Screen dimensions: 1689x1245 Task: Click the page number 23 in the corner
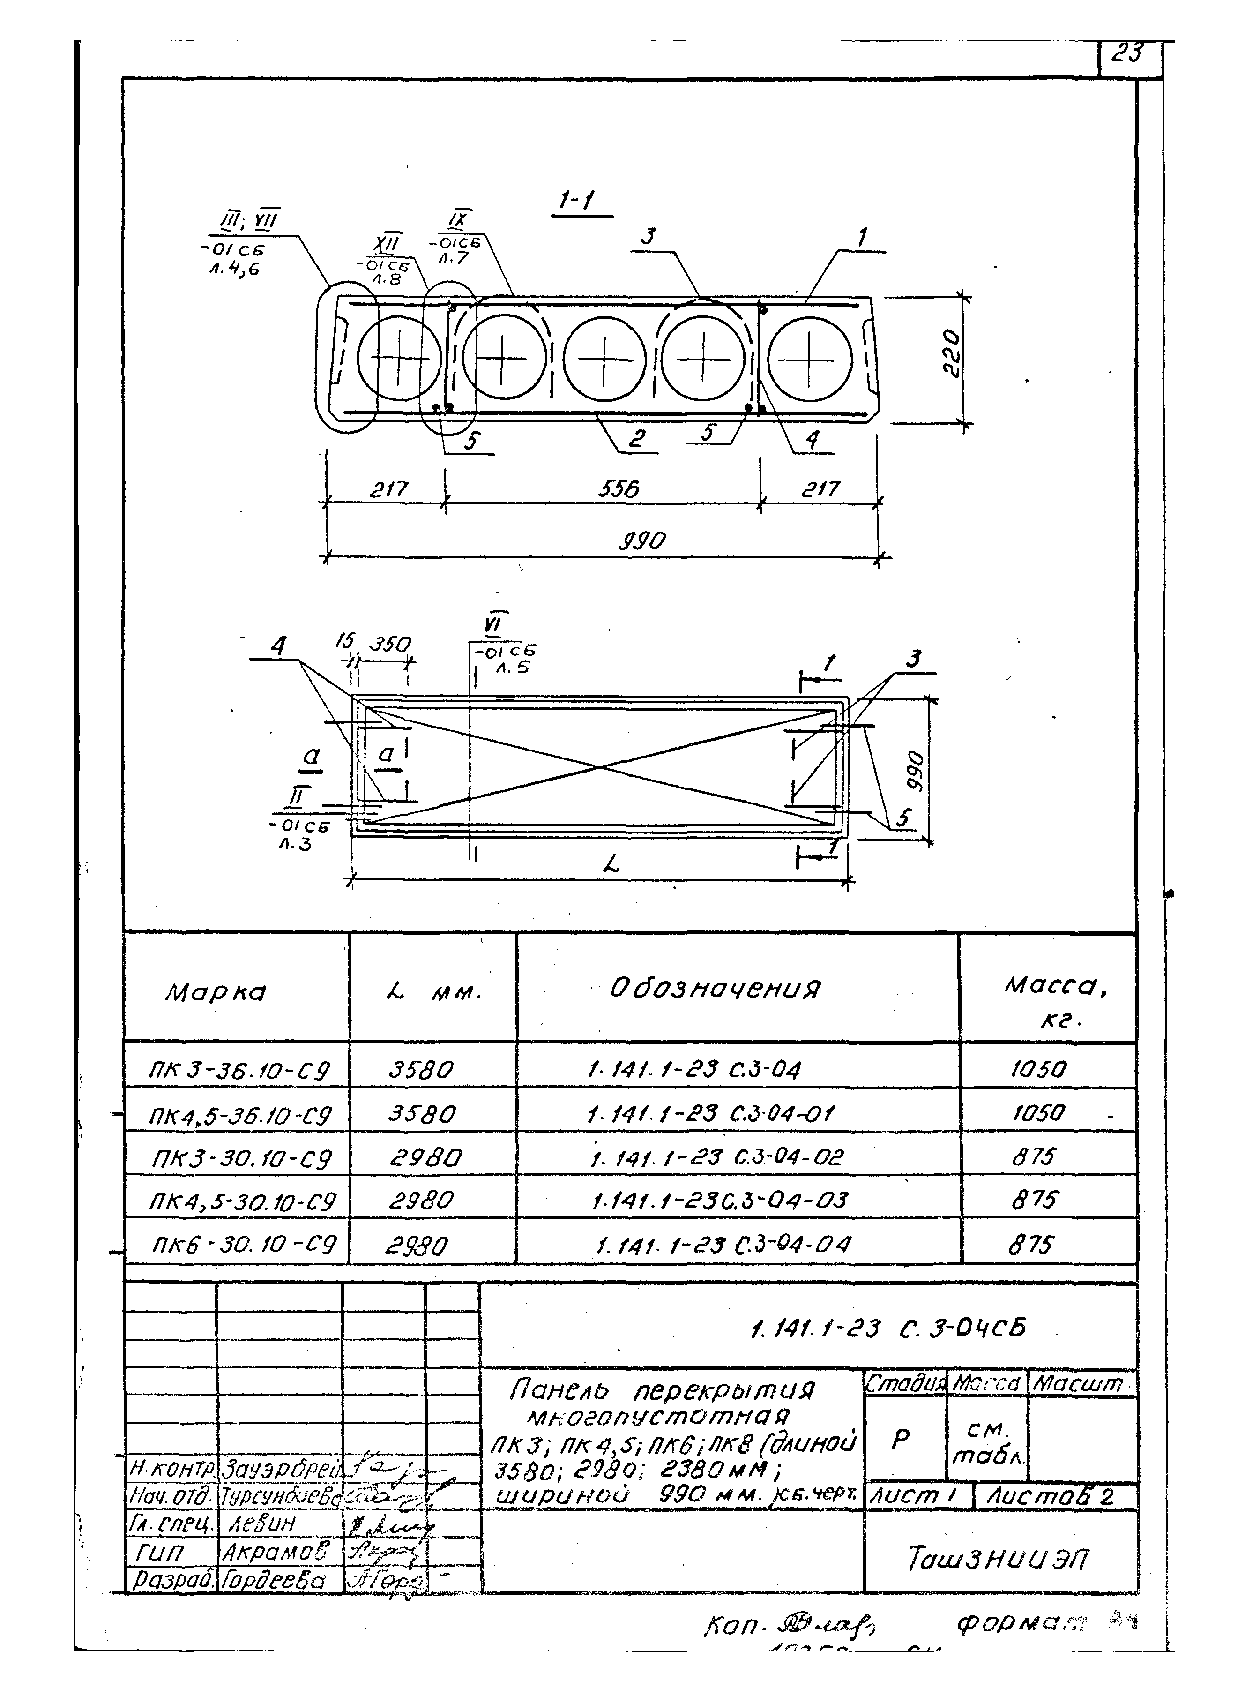[1128, 53]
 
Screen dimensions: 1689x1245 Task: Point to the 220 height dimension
[952, 354]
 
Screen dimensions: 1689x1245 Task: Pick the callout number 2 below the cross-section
[637, 438]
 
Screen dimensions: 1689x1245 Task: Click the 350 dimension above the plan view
[390, 645]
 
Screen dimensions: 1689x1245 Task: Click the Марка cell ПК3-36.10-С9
[239, 1070]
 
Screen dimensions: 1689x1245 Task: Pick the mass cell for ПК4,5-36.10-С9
[1038, 1112]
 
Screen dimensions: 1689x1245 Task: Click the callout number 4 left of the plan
[279, 646]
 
